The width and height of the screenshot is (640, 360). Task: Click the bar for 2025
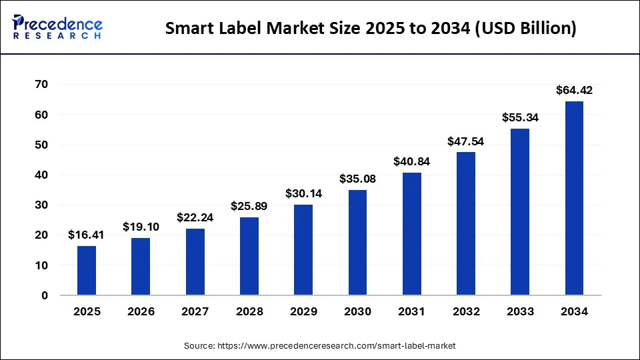pos(87,271)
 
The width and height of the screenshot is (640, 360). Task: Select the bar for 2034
pos(574,199)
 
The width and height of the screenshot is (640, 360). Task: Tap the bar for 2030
pos(357,243)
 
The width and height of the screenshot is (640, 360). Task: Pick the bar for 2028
pos(249,257)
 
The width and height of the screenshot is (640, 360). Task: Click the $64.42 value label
pos(574,90)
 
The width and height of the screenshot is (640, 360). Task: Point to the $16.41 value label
pos(87,235)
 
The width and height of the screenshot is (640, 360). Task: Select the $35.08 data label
pos(357,179)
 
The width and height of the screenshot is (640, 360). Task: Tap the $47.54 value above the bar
pos(466,141)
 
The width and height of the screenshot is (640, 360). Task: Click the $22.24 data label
pos(195,217)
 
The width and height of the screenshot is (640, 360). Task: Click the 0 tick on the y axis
pos(44,295)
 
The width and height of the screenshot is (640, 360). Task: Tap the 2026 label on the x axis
pos(141,311)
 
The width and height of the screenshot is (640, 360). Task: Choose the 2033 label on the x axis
pos(520,311)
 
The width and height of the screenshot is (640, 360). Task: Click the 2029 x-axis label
pos(303,311)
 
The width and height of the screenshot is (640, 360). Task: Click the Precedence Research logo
pos(57,27)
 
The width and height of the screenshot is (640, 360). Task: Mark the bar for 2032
pos(466,224)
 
